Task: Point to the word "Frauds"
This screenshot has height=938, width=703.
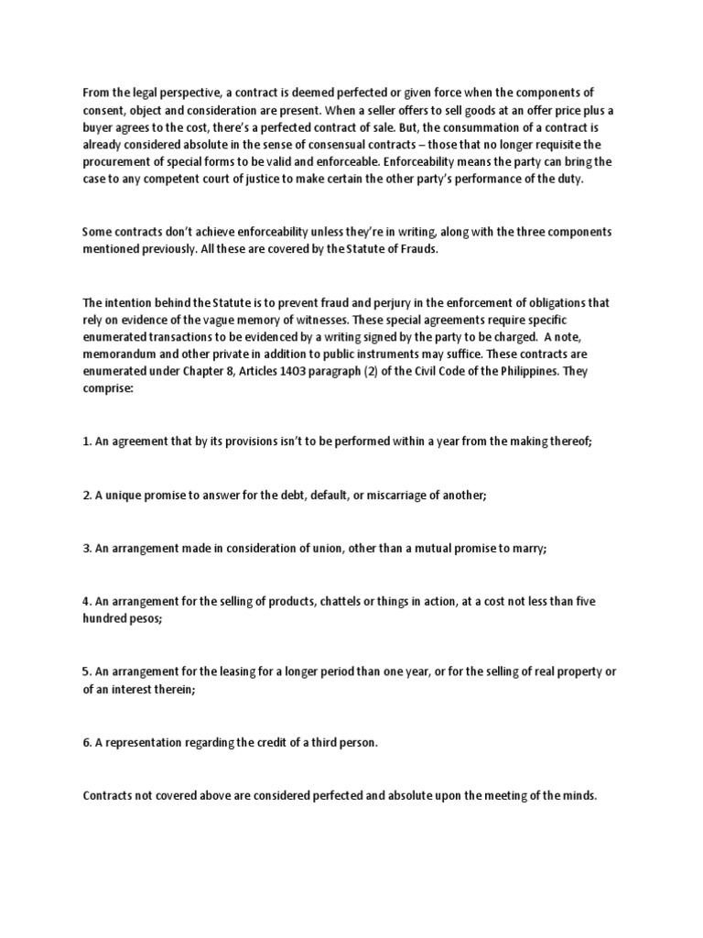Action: (x=416, y=249)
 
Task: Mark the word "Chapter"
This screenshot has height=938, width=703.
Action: (x=187, y=371)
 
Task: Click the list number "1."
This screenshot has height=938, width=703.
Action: (x=88, y=441)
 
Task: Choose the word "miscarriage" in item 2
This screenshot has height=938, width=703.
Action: (x=384, y=495)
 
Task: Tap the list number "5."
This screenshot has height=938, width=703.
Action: (x=88, y=671)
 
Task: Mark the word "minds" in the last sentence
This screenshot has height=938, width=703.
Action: (x=578, y=795)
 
